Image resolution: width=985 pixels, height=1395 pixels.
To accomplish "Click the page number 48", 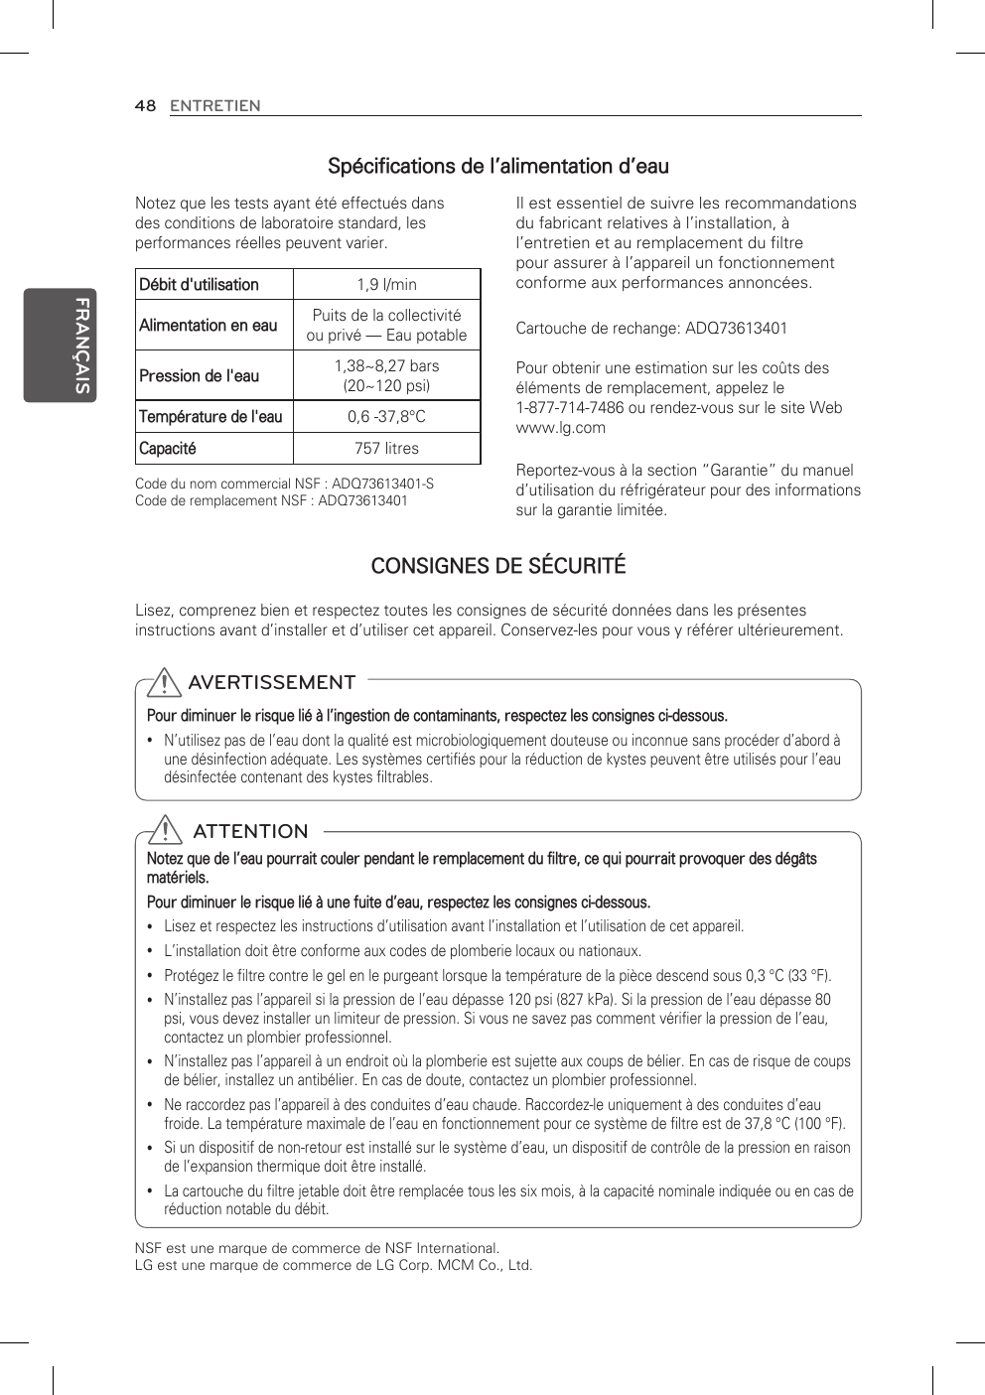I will coord(145,105).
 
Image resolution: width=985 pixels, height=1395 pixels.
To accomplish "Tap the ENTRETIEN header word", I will coord(214,105).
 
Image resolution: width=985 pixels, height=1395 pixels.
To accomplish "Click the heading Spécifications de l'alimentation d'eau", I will coord(497,166).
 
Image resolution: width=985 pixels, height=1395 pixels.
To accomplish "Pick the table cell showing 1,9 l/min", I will coord(386,285).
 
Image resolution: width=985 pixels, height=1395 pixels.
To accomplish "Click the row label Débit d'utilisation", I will coord(199,285).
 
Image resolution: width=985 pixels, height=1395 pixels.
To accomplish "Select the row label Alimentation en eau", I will coord(209,326).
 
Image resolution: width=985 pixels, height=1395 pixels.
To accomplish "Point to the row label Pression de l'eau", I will coord(199,376).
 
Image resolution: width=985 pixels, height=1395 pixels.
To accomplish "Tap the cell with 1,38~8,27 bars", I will coord(386,366).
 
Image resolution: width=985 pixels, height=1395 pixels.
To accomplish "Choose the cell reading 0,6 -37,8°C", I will coord(386,417).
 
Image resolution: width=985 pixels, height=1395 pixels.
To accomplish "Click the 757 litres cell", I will coord(386,449).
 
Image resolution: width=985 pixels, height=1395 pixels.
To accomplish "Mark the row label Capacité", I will coord(168,449).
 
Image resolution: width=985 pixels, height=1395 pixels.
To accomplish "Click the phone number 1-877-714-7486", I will coord(571,408).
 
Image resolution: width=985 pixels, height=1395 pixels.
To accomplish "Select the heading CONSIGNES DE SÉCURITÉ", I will coord(497,566).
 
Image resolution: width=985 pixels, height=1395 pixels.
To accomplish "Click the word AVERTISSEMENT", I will coord(271,683).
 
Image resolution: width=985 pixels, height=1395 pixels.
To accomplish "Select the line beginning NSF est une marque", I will coord(317,1248).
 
